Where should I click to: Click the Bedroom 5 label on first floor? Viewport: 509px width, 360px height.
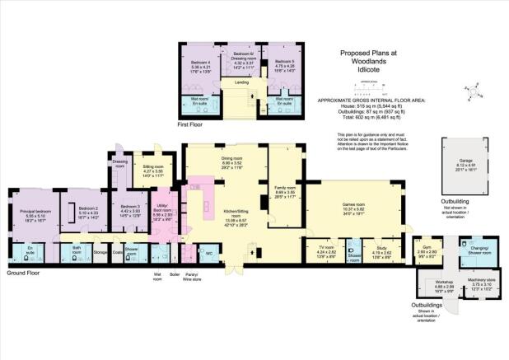coord(284,62)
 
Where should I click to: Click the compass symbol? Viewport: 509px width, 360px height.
coord(473,86)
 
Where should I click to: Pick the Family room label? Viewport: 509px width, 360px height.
coord(284,189)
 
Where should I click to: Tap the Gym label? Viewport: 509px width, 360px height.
coord(427,245)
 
